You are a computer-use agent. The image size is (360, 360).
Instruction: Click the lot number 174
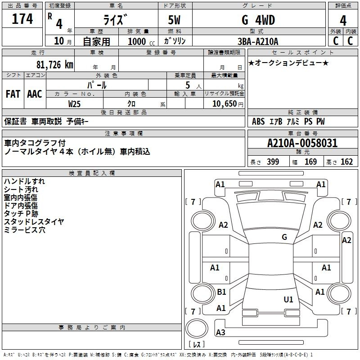point(22,19)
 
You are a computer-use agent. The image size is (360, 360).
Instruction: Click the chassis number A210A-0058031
point(302,144)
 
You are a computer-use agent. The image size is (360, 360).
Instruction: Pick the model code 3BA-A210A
point(258,42)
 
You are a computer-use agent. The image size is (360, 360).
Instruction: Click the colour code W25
point(75,103)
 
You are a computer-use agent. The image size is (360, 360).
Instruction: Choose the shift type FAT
point(13,94)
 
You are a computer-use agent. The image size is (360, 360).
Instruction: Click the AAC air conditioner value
point(34,94)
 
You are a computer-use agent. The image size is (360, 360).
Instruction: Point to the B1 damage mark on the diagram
point(221,292)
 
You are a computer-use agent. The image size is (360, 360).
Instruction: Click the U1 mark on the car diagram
point(288,299)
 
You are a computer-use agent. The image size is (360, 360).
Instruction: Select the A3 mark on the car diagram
point(220,333)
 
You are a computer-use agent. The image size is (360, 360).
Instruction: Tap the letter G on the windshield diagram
point(284,237)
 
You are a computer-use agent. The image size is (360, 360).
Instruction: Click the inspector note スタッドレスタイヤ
point(34,222)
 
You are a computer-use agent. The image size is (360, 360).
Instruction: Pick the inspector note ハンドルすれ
point(24,181)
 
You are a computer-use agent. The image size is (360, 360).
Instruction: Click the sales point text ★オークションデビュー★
point(288,63)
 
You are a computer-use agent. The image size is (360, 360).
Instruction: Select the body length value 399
point(273,162)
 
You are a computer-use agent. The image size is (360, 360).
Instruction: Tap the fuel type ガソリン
point(175,41)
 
